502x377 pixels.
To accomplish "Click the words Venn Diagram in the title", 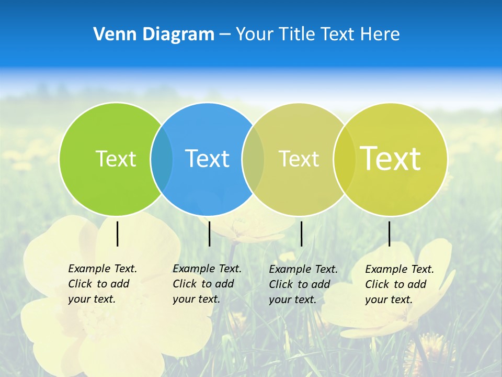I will [154, 34].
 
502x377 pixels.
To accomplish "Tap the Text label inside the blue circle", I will [208, 159].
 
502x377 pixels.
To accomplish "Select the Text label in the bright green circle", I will [116, 159].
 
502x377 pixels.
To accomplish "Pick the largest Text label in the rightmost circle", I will [391, 158].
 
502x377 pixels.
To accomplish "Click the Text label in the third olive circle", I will [299, 159].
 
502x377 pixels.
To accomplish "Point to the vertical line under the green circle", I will [117, 234].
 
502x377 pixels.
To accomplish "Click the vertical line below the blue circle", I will [209, 234].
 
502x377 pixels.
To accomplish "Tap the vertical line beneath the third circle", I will [301, 234].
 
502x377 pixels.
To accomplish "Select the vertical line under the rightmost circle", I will [389, 234].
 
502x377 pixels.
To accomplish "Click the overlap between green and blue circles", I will [162, 159].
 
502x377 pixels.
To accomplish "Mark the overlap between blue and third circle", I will [253, 159].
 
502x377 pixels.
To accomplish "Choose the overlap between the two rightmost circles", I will [344, 159].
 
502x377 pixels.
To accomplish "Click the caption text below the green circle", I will [102, 284].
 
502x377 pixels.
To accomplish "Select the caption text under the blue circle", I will [207, 284].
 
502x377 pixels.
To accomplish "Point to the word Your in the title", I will [255, 34].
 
